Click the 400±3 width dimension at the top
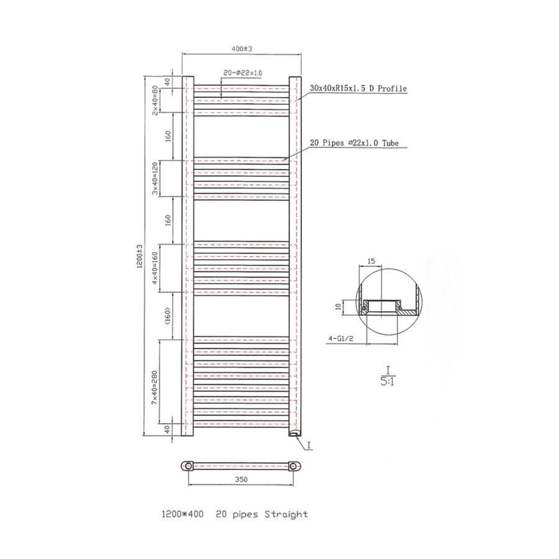[242, 48]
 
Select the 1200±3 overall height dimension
[140, 257]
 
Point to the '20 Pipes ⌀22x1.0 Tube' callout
[354, 143]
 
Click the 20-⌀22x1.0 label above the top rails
[242, 73]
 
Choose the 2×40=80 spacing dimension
[156, 100]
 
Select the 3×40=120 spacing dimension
[156, 179]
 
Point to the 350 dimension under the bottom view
[242, 479]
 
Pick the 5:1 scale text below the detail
[387, 381]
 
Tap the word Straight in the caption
[286, 514]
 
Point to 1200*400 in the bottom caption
[182, 514]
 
